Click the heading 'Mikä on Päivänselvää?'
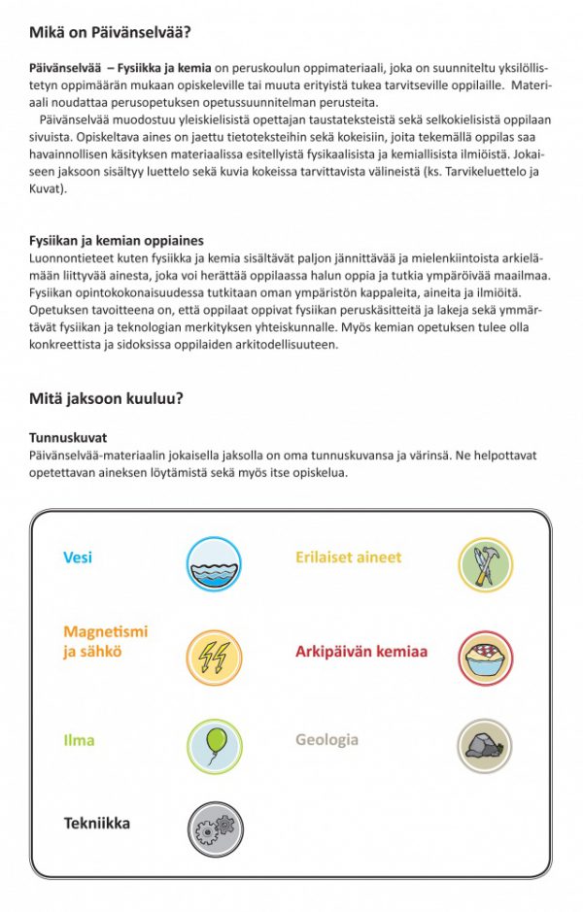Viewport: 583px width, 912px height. click(x=109, y=33)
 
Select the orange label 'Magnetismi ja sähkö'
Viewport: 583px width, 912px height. click(x=105, y=642)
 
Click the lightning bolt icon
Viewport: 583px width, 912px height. click(x=214, y=656)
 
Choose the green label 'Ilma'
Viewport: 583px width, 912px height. click(x=79, y=740)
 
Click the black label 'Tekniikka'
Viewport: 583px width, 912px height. click(x=96, y=824)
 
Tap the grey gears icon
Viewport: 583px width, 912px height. click(x=214, y=828)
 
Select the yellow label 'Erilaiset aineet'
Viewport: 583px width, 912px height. click(x=348, y=557)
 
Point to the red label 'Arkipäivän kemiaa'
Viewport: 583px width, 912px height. click(x=361, y=652)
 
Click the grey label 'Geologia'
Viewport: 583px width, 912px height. click(x=326, y=740)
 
